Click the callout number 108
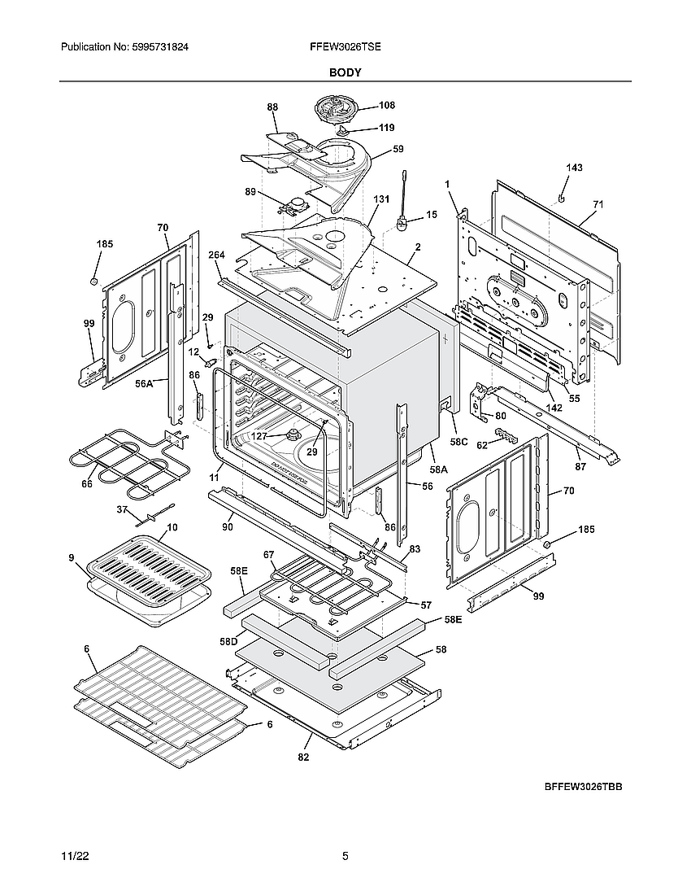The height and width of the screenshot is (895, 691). (x=386, y=106)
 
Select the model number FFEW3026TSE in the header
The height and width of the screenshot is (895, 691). (x=345, y=48)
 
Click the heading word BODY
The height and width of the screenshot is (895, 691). (x=345, y=72)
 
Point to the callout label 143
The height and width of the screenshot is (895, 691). (x=574, y=168)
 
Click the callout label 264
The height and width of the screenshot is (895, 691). (x=215, y=255)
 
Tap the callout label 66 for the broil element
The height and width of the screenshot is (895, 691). (x=87, y=484)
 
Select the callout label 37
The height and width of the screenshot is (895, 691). (x=123, y=510)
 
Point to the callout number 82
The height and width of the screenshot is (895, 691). (x=303, y=757)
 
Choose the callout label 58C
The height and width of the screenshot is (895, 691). (x=459, y=442)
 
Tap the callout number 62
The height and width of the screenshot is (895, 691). (x=482, y=445)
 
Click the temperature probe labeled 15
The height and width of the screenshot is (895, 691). (x=402, y=218)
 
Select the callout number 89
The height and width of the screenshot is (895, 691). (x=251, y=192)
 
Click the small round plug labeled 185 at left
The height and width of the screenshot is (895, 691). (x=94, y=281)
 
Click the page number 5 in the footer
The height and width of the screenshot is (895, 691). (x=345, y=857)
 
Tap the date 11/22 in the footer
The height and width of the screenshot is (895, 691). (x=74, y=857)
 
